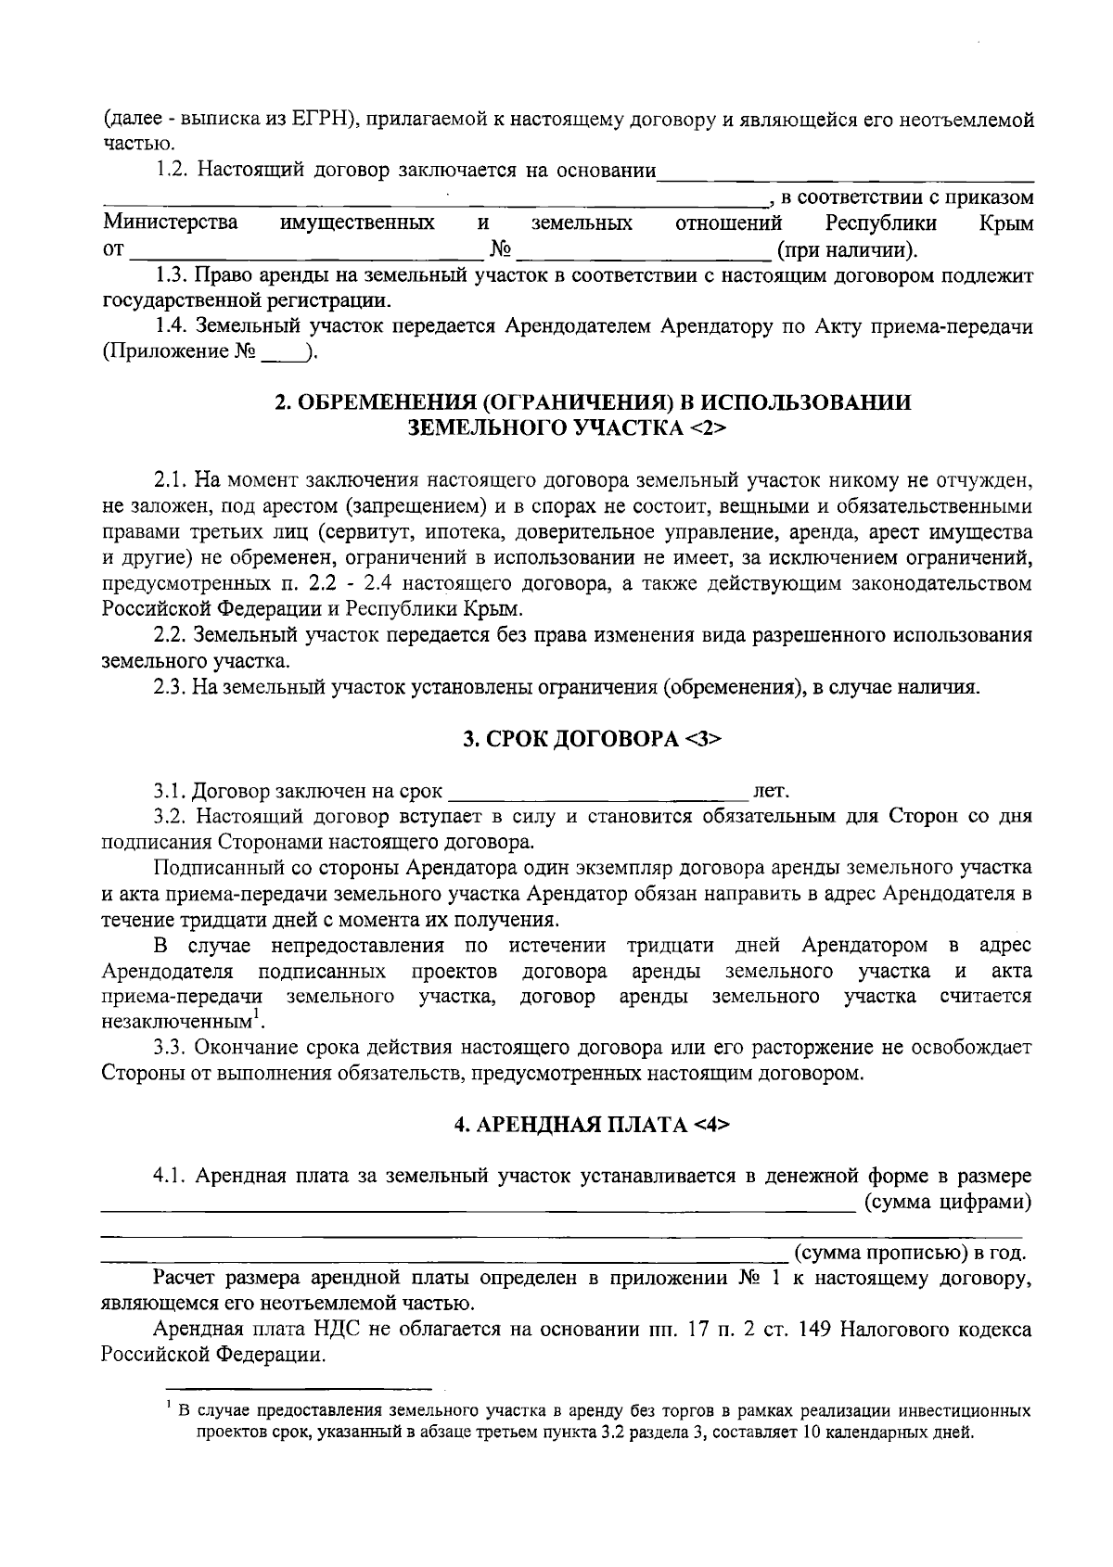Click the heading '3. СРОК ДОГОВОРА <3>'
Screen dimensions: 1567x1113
click(592, 739)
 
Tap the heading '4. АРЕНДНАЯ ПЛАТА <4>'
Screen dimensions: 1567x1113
click(592, 1125)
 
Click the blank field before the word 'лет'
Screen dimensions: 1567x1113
click(598, 791)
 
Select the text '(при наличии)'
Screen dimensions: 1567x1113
click(848, 249)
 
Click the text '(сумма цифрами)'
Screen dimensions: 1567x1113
click(948, 1203)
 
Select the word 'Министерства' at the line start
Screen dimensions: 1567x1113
click(170, 223)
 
